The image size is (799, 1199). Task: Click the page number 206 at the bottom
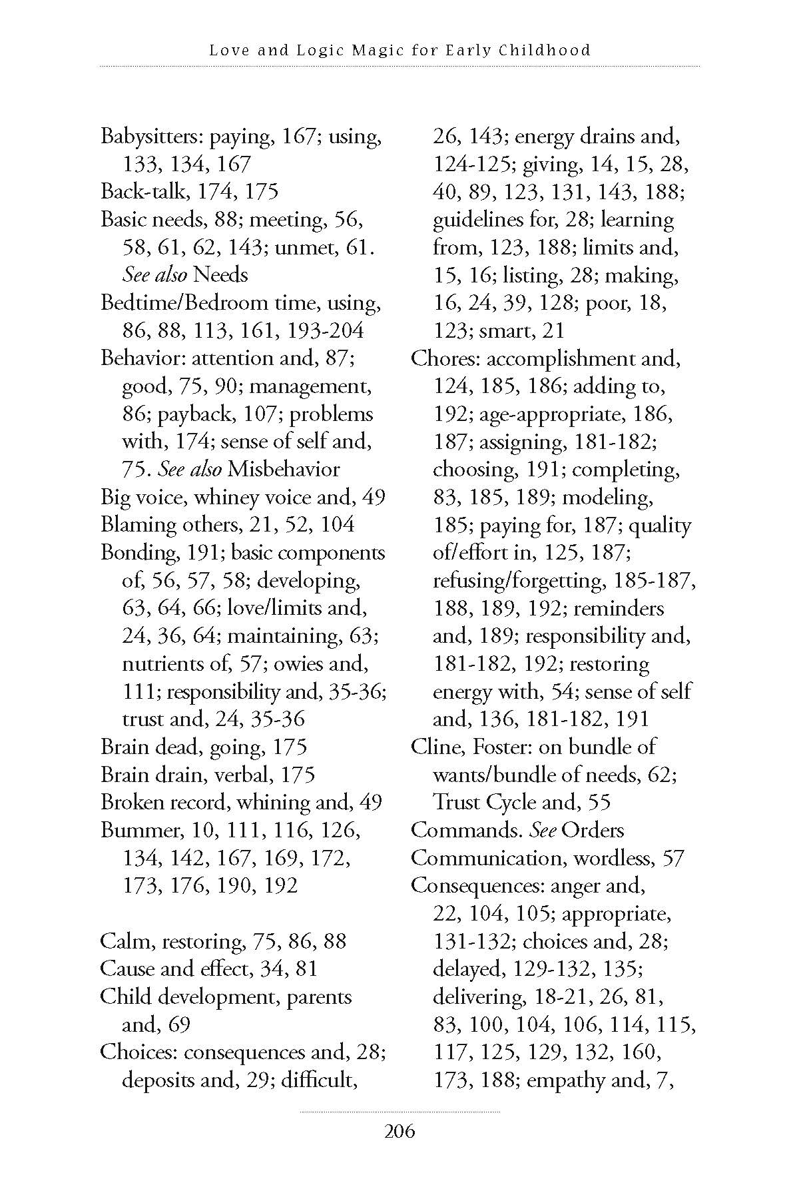click(x=400, y=1131)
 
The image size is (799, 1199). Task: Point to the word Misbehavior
click(x=283, y=469)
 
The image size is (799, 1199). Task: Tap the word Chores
click(x=443, y=358)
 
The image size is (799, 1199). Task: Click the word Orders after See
click(x=593, y=831)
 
